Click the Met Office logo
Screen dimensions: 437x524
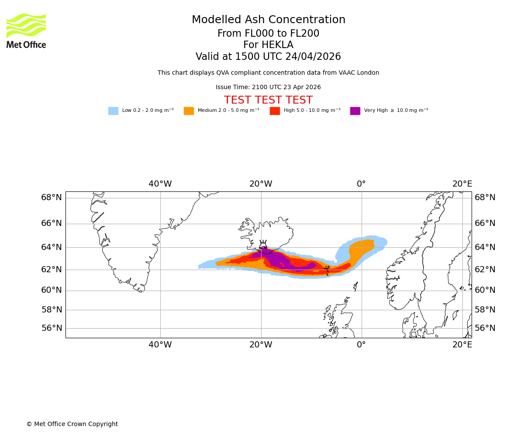pos(26,31)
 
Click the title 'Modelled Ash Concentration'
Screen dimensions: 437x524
pos(269,20)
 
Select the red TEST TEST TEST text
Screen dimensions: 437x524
pos(268,101)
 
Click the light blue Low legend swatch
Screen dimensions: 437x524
pos(113,111)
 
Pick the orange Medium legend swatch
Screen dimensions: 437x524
pos(189,111)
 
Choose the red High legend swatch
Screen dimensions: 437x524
pos(275,111)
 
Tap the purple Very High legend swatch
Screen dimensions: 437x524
pos(355,111)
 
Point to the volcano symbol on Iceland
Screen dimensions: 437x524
pos(263,245)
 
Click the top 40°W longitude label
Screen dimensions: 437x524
pos(160,184)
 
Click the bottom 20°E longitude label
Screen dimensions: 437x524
pos(462,345)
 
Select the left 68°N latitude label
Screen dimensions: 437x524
pos(52,198)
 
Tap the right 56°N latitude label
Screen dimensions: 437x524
pos(485,328)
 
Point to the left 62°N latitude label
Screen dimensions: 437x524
pos(52,270)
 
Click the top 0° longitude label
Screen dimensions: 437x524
pos(361,184)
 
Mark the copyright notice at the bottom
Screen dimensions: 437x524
pos(72,424)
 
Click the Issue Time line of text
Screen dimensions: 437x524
pos(268,87)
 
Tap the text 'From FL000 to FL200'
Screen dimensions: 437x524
pos(268,34)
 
